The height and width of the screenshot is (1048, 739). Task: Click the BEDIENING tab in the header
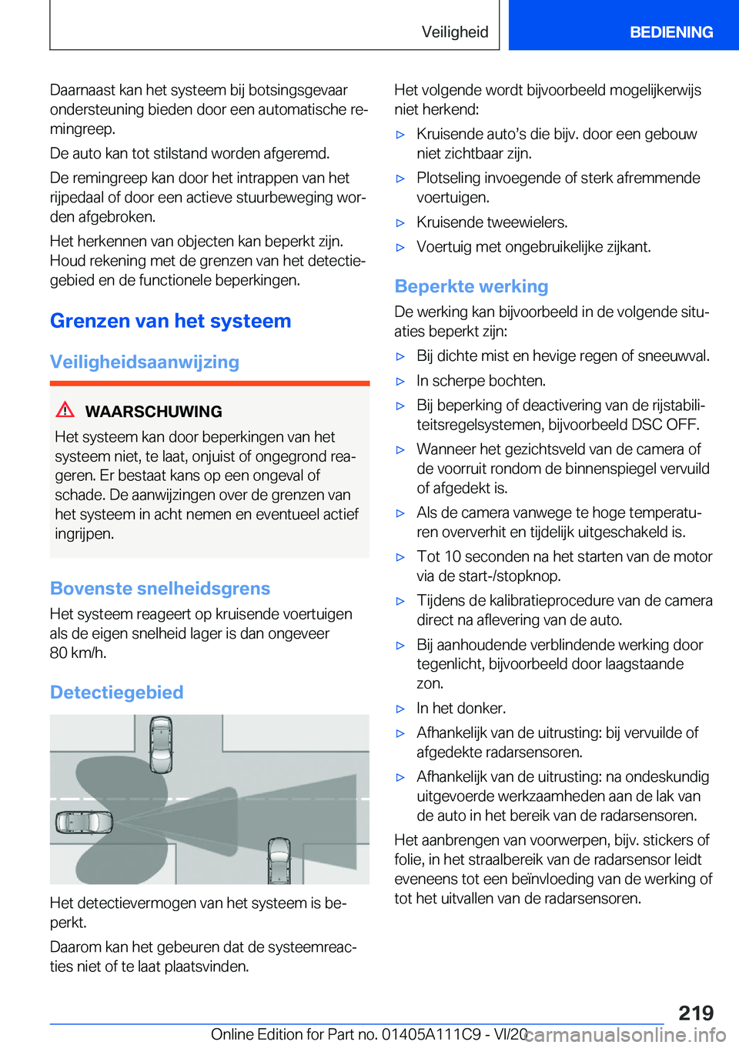pyautogui.click(x=670, y=32)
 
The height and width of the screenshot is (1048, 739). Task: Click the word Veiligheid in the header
pyautogui.click(x=454, y=32)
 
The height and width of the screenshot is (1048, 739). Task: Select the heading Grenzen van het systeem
pyautogui.click(x=170, y=321)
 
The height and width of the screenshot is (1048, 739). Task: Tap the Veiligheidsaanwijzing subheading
pyautogui.click(x=145, y=362)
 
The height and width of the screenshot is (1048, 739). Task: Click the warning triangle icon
pyautogui.click(x=65, y=409)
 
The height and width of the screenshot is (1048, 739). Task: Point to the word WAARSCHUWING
pyautogui.click(x=153, y=412)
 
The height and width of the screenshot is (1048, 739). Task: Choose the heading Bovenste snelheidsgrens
pyautogui.click(x=160, y=589)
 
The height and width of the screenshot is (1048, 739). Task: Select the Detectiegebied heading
pyautogui.click(x=116, y=693)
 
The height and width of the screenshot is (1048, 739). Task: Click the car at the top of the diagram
pyautogui.click(x=161, y=743)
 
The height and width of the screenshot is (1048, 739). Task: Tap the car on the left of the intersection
pyautogui.click(x=84, y=823)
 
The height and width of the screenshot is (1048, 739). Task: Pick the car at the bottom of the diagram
pyautogui.click(x=278, y=860)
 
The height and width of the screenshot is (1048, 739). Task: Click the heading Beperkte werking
pyautogui.click(x=471, y=286)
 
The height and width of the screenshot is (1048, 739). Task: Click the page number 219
pyautogui.click(x=696, y=1013)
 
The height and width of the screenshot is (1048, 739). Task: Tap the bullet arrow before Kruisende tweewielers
pyautogui.click(x=400, y=223)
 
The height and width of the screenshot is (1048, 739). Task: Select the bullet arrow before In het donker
pyautogui.click(x=400, y=709)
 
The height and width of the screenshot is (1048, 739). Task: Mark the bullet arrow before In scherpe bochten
pyautogui.click(x=400, y=382)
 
